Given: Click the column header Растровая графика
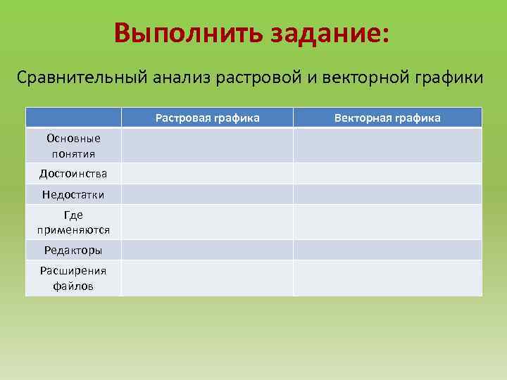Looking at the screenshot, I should [x=207, y=118].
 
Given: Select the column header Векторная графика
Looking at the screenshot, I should [x=387, y=118].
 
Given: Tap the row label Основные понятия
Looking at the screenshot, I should [x=73, y=146].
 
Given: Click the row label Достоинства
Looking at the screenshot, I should [x=73, y=173].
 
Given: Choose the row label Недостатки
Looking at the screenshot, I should [x=73, y=194].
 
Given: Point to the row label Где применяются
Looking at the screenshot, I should [x=73, y=222].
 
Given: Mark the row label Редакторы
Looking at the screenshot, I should [x=73, y=250].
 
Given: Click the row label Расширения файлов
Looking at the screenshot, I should [x=73, y=278].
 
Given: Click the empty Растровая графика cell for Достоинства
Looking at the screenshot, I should [x=207, y=173].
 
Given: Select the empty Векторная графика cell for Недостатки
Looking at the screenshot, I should [x=387, y=194].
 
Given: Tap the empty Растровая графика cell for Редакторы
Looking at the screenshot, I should [x=207, y=250].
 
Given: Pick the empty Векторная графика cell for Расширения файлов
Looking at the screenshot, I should [x=387, y=278].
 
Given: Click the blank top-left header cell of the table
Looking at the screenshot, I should [x=73, y=118].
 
